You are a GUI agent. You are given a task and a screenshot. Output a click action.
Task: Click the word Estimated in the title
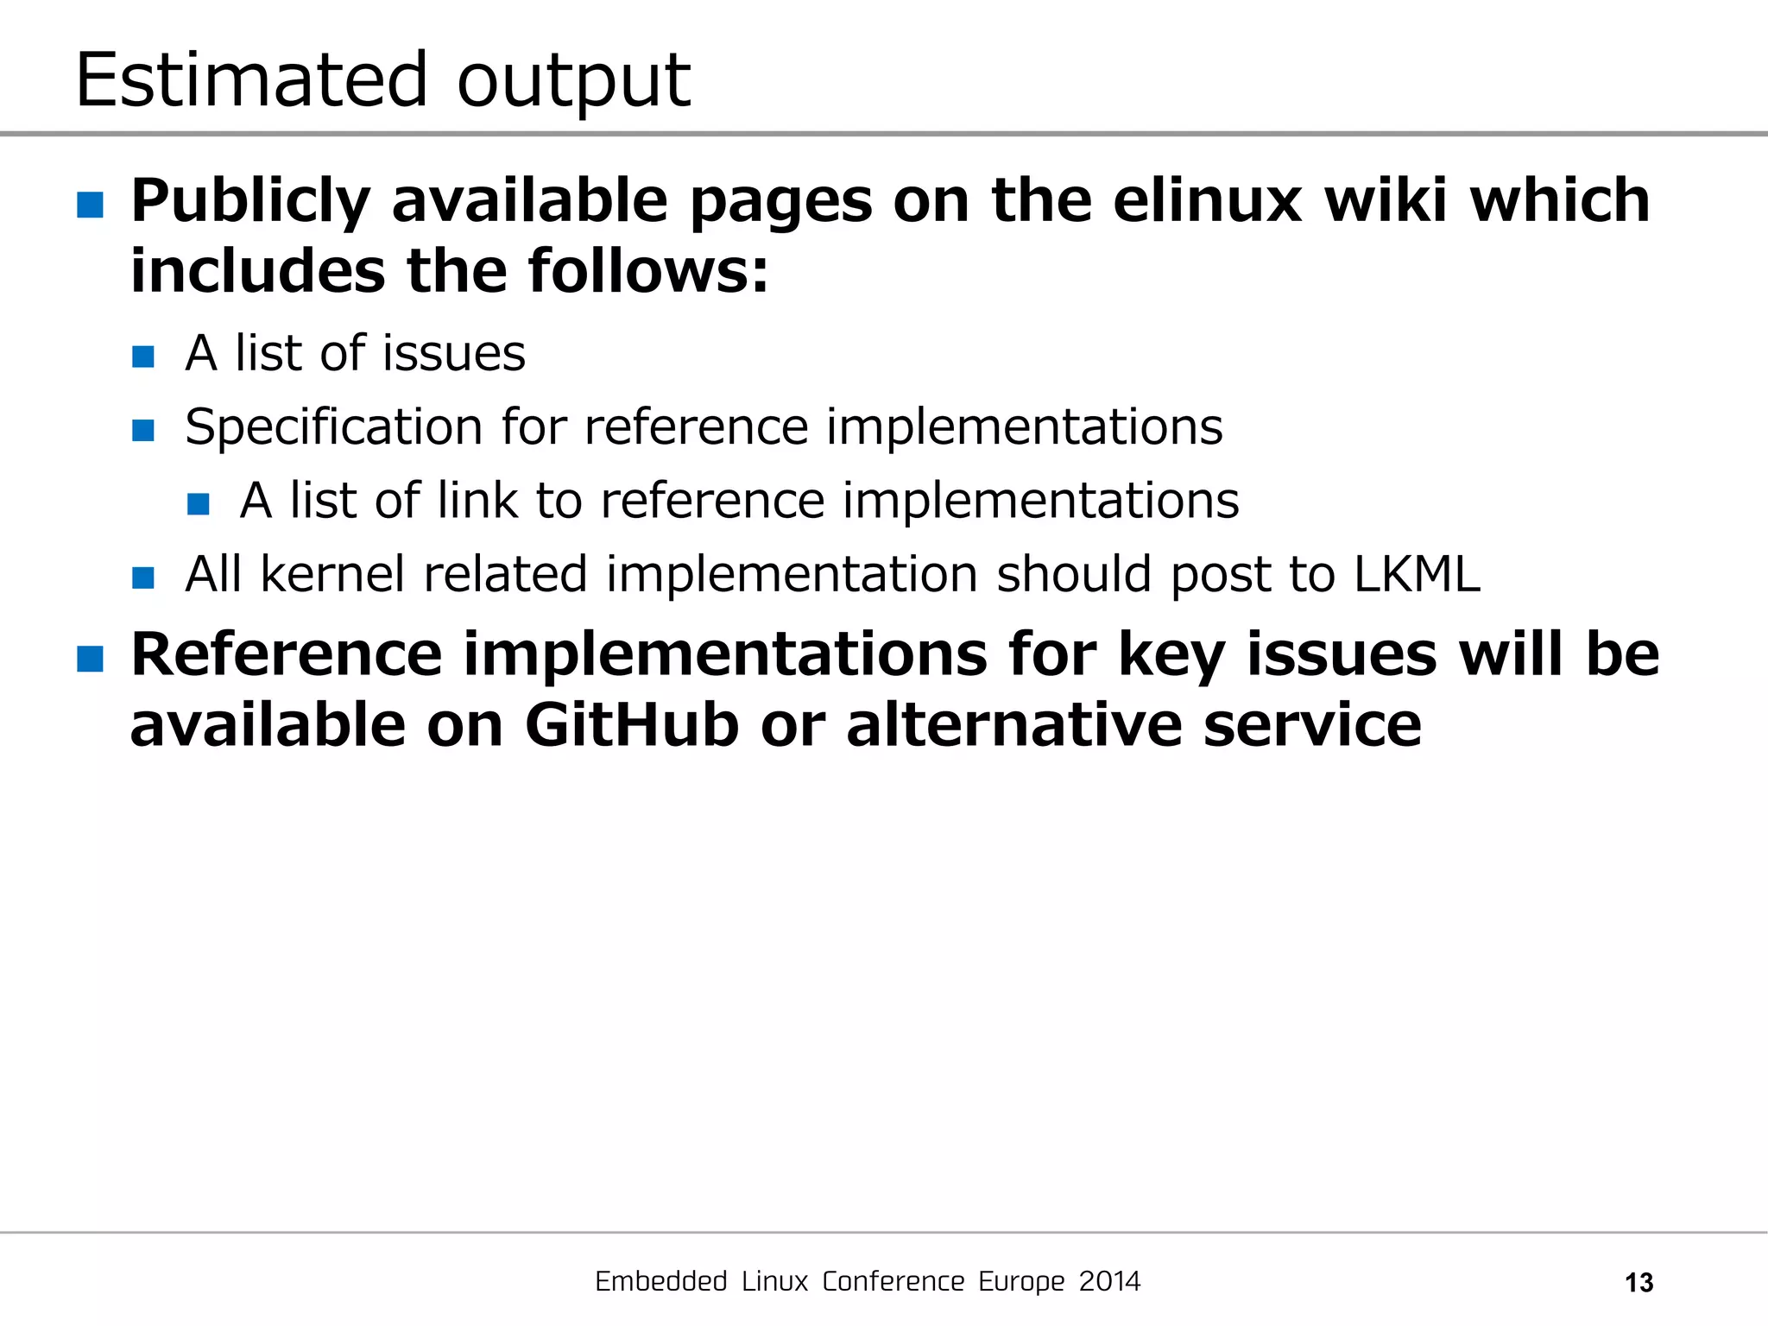(251, 80)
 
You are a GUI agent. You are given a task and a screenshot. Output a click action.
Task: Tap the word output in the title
(573, 84)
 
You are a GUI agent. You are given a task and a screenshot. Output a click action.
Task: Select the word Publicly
(250, 201)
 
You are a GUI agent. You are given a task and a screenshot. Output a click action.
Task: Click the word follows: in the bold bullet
(647, 271)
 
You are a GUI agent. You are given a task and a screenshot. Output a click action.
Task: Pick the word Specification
(334, 427)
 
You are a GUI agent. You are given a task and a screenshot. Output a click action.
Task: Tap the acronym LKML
(1417, 574)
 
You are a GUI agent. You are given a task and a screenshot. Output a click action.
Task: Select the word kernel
(332, 574)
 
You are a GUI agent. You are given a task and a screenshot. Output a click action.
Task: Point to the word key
(1171, 655)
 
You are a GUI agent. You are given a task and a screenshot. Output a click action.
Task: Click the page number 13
(1639, 1283)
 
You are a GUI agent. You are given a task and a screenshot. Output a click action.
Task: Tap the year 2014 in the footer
(1109, 1281)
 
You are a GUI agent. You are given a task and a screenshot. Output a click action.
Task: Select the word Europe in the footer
(1021, 1282)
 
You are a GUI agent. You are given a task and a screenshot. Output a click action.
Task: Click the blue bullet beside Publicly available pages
(90, 205)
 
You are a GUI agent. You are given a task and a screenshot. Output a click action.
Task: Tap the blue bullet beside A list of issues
(143, 357)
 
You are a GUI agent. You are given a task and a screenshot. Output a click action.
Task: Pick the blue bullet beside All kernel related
(143, 578)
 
